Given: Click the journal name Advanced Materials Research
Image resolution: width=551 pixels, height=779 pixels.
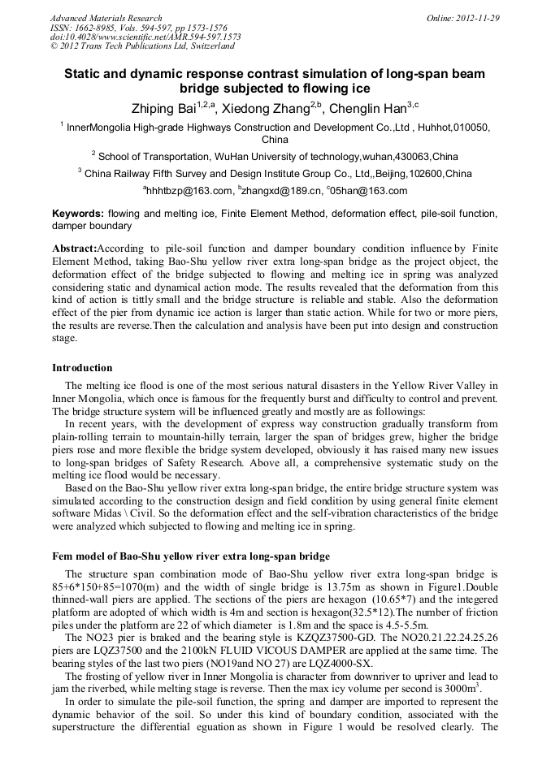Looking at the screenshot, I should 106,18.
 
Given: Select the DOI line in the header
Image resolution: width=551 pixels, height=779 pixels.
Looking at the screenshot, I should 145,37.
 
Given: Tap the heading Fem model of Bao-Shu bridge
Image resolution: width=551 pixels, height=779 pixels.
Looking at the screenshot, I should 191,556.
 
